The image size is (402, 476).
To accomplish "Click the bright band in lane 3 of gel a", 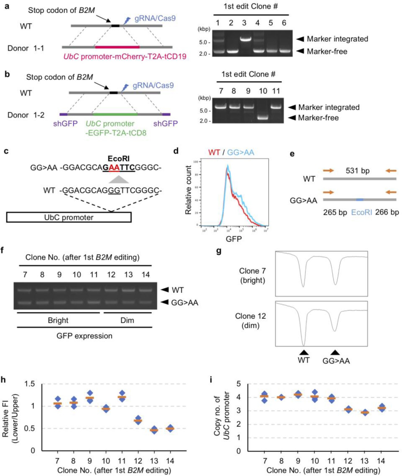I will point(244,39).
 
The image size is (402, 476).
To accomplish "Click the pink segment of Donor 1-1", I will point(117,47).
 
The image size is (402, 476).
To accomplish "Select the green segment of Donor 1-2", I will point(115,114).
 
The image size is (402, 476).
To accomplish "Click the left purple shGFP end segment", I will point(63,114).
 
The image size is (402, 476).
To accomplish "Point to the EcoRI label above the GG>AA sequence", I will point(118,159).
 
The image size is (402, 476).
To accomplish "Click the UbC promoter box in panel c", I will point(69,217).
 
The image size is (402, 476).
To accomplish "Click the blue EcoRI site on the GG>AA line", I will point(360,200).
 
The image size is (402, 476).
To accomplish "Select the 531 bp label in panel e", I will point(357,171).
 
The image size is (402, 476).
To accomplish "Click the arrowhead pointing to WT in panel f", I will point(165,290).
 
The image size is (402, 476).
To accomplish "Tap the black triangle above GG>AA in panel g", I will point(335,353).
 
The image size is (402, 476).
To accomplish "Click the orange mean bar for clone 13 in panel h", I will point(154,430).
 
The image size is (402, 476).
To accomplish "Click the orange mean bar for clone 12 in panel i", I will point(348,409).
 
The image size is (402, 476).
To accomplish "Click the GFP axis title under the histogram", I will point(234,239).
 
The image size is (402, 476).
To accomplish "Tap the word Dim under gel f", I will point(127,320).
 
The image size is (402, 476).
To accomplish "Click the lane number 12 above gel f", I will point(111,275).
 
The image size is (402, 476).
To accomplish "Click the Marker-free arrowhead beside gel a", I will point(300,51).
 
